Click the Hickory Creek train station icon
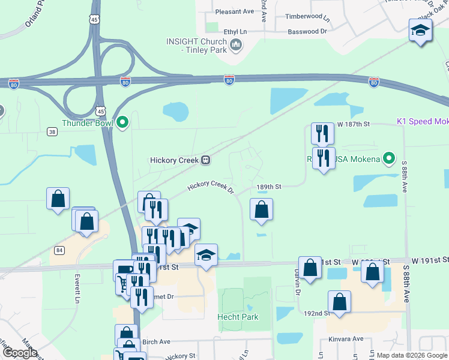click(206, 160)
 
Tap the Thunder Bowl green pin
click(123, 123)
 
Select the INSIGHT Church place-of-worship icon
click(235, 45)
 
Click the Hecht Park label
click(237, 317)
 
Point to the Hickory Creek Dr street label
click(211, 186)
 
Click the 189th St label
click(269, 187)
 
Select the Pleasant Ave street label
click(235, 11)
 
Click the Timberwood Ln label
click(305, 17)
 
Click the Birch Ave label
click(157, 342)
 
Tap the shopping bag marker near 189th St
click(261, 209)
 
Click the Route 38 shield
click(53, 131)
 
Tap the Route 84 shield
click(58, 250)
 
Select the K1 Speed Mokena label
click(423, 121)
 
